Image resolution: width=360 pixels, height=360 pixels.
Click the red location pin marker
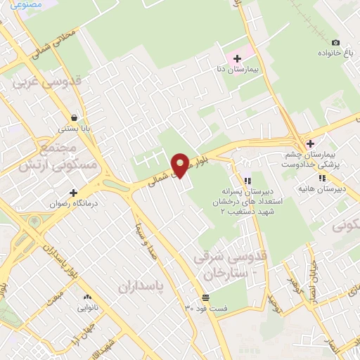click(181, 164)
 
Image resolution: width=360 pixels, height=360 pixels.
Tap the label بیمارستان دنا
click(236, 71)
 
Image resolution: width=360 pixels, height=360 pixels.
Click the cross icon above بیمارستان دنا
click(236, 58)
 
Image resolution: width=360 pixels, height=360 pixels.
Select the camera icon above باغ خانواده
click(335, 42)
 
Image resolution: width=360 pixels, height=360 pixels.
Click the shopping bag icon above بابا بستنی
click(75, 117)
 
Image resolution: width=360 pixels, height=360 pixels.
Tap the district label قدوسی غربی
click(44, 83)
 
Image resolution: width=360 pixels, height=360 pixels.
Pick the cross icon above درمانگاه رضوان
click(73, 192)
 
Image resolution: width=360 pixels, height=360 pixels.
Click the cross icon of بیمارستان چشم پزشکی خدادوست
click(309, 144)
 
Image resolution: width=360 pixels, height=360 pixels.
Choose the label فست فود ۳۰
click(206, 308)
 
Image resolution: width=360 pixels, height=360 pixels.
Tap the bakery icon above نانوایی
click(89, 297)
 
